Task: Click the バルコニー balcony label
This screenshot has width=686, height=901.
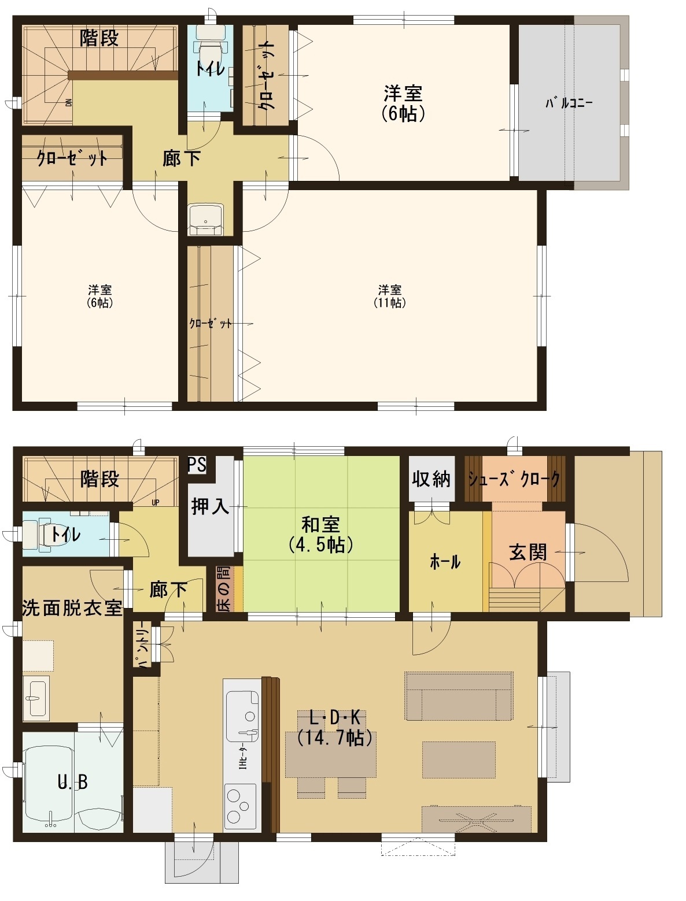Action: pos(569,103)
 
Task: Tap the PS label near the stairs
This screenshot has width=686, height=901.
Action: pos(197,465)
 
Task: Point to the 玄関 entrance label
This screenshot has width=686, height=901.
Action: pos(528,552)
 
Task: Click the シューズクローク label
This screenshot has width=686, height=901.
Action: pos(514,479)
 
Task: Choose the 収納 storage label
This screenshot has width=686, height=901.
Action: pos(431,479)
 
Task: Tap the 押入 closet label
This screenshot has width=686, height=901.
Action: pos(210,507)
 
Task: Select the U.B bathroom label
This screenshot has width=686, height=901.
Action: pos(73,783)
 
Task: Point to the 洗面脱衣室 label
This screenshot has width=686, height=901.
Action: pos(72,608)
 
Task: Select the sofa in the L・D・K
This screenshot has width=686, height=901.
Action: pos(459,696)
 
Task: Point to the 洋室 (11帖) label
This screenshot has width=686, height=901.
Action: pos(389,296)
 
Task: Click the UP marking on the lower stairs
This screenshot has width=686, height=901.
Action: pos(155,502)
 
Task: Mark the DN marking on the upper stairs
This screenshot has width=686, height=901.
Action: pos(69,102)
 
